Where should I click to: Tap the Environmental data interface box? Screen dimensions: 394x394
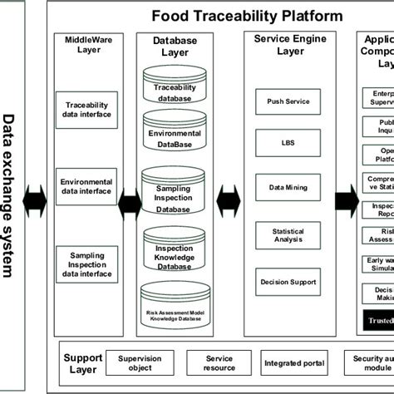coord(88,185)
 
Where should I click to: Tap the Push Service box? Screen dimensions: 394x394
coord(288,101)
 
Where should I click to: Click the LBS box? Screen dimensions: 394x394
coord(288,142)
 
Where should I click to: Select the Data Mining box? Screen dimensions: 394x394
coord(288,189)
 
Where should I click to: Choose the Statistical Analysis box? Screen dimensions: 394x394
coord(288,236)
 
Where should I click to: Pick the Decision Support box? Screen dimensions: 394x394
coord(288,283)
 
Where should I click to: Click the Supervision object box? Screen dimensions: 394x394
coord(140,362)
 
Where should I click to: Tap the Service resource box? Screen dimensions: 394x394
coord(220,362)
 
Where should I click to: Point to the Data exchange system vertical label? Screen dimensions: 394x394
coord(10,195)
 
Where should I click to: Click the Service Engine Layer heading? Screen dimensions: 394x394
coord(289,45)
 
